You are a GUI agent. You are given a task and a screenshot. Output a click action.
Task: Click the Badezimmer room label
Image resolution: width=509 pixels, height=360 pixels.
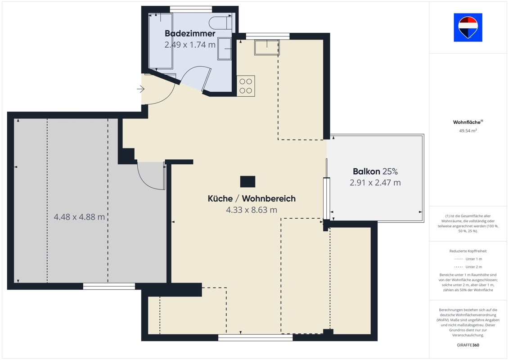coord(190,33)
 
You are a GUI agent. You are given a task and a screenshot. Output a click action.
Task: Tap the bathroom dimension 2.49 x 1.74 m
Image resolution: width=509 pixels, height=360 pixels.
coord(190,45)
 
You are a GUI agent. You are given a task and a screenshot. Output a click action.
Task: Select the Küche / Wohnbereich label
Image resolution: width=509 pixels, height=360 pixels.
coord(252,198)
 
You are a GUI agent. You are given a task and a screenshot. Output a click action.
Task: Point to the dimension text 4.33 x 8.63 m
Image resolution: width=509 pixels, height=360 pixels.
coord(252,210)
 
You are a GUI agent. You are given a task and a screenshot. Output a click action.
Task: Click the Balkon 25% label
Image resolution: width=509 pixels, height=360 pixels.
coord(375,171)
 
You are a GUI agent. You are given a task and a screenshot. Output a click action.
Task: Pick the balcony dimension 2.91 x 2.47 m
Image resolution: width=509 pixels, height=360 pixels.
coord(375,183)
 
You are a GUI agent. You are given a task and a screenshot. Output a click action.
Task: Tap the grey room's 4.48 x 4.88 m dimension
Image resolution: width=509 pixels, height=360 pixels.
coord(79,217)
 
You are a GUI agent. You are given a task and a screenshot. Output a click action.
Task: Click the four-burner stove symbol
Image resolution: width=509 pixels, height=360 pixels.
coord(246,86)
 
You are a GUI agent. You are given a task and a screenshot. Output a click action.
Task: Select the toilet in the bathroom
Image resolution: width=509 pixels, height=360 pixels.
coord(221,23)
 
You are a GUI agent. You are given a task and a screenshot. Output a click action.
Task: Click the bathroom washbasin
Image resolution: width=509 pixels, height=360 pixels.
coord(224,49)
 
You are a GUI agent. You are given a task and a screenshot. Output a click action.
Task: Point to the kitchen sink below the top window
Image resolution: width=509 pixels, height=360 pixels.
coord(267,47)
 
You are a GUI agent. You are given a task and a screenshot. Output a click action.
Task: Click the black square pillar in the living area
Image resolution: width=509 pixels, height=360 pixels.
coord(248,182)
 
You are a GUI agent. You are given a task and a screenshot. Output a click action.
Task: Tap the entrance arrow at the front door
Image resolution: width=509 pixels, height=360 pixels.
coord(140,89)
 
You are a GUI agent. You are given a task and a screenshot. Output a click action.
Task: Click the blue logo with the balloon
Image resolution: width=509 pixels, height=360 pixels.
coord(468,27)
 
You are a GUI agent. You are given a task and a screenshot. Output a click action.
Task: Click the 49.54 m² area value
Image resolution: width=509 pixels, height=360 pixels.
coord(468,131)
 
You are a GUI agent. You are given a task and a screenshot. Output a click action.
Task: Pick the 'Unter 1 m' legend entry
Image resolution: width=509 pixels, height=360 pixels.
coord(468,259)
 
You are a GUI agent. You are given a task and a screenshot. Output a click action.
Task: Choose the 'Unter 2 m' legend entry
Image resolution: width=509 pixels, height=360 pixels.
coord(468,267)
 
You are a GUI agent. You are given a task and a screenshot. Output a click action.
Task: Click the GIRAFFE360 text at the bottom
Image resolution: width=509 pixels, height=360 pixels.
coord(468,345)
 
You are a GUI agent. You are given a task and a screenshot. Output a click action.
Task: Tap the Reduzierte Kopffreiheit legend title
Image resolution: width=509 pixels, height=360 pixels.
coord(468,251)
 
